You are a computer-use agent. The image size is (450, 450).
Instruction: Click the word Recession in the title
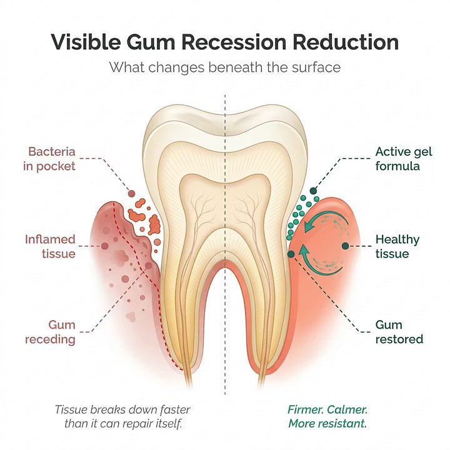pyautogui.click(x=234, y=42)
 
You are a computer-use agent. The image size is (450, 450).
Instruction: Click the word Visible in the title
pyautogui.click(x=86, y=42)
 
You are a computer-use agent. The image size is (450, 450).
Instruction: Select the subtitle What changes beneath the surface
pyautogui.click(x=225, y=67)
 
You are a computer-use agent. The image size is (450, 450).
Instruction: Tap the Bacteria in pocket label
pyautogui.click(x=49, y=159)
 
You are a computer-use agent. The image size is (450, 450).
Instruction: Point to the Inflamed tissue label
pyautogui.click(x=50, y=246)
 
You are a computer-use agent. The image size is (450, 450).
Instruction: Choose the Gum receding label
pyautogui.click(x=50, y=332)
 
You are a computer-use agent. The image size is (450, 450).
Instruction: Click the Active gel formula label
pyautogui.click(x=404, y=159)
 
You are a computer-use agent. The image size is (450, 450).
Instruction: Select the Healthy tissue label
pyautogui.click(x=397, y=246)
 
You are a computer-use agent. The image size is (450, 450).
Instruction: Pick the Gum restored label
pyautogui.click(x=399, y=332)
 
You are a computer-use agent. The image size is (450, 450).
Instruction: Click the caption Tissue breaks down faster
pyautogui.click(x=122, y=409)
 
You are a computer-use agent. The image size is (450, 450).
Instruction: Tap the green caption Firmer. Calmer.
pyautogui.click(x=327, y=409)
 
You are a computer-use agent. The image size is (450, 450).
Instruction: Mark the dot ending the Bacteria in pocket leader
pyautogui.click(x=131, y=193)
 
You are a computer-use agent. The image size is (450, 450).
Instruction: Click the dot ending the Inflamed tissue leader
pyautogui.click(x=105, y=246)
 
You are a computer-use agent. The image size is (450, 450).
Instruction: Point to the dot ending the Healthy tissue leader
pyautogui.click(x=346, y=246)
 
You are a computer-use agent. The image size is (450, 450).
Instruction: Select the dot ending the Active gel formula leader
pyautogui.click(x=313, y=191)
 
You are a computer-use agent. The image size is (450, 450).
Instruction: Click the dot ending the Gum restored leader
pyautogui.click(x=291, y=254)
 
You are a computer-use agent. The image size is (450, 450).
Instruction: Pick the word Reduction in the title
pyautogui.click(x=346, y=42)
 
